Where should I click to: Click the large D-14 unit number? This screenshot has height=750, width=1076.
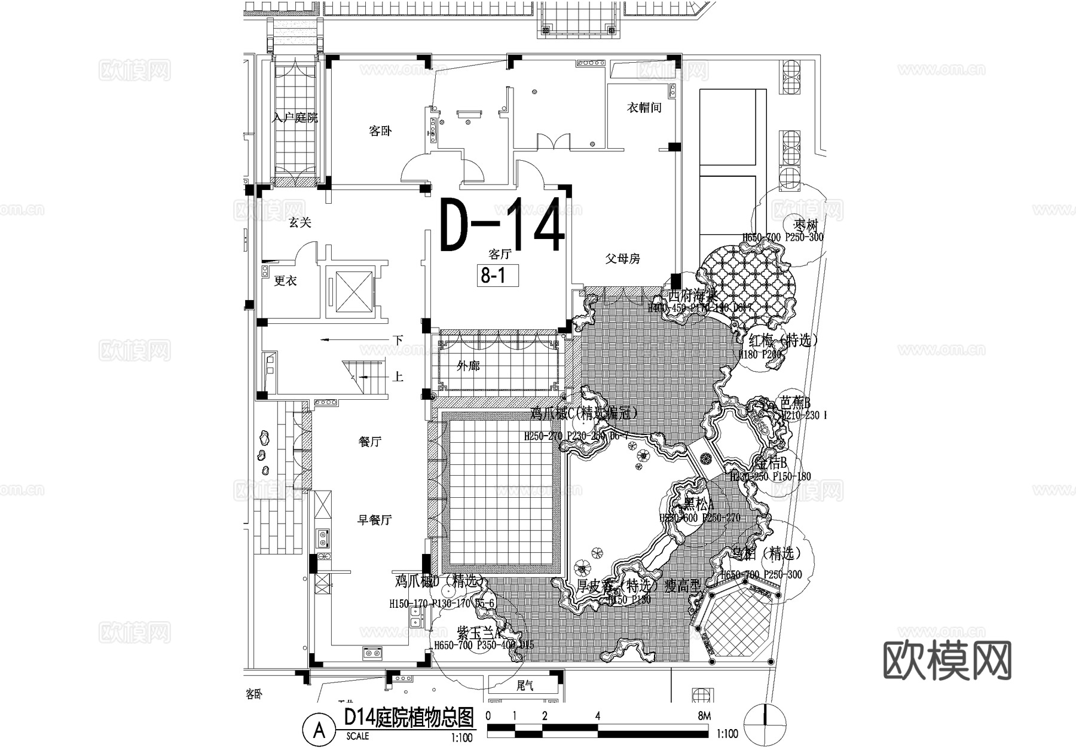pyautogui.click(x=502, y=226)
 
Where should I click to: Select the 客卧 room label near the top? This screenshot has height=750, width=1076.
pyautogui.click(x=380, y=131)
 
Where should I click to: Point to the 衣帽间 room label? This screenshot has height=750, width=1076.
pyautogui.click(x=644, y=108)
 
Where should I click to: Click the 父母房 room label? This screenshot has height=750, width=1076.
pyautogui.click(x=622, y=259)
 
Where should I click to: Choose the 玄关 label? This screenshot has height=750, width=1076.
pyautogui.click(x=300, y=223)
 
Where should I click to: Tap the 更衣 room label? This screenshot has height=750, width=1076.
pyautogui.click(x=285, y=280)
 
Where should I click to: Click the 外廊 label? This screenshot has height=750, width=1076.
pyautogui.click(x=468, y=366)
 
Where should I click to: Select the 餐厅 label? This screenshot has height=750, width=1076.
pyautogui.click(x=369, y=442)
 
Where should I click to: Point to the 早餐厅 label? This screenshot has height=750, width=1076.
pyautogui.click(x=374, y=520)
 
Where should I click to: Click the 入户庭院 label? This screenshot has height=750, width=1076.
pyautogui.click(x=295, y=118)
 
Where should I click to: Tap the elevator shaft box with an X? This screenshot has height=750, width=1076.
pyautogui.click(x=354, y=291)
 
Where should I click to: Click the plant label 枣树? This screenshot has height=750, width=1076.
pyautogui.click(x=805, y=226)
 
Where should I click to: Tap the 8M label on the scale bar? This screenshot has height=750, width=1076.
pyautogui.click(x=704, y=716)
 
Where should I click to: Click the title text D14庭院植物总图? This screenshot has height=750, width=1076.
pyautogui.click(x=409, y=717)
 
